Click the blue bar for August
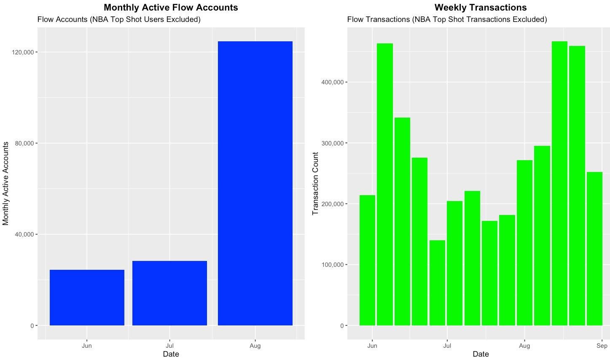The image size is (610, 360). coord(255,183)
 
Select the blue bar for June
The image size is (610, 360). coord(87,298)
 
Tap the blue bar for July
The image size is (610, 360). coord(169,293)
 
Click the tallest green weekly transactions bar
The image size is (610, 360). coord(559,183)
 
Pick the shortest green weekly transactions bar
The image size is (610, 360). coord(437,283)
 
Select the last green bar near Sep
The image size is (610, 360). coord(594,249)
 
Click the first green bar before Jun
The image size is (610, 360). coord(367,260)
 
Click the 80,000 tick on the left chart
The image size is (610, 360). coord(24,143)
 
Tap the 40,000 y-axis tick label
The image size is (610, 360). coord(24,234)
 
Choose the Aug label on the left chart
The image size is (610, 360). coord(255,346)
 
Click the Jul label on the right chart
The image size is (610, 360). coord(447,346)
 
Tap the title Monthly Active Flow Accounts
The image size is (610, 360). coord(171,8)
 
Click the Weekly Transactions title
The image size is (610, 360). coord(480,8)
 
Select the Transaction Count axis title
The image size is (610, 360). coord(315,183)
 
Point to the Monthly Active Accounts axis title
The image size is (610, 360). coord(6,183)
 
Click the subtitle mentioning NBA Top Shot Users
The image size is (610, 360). coord(119,19)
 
